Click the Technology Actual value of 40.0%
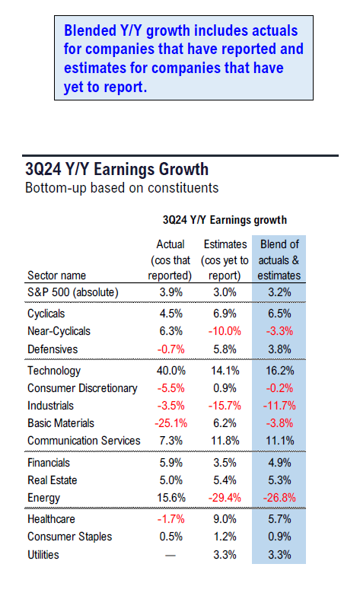coord(170,371)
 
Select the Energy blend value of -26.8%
coord(279,498)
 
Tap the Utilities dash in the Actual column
coord(170,555)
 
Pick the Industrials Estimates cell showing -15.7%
coord(225,406)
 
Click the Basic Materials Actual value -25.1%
coord(170,423)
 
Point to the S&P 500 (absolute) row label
coord(73,292)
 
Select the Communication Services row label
coord(84,441)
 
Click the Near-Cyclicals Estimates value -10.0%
coord(225,331)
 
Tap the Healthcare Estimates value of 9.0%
coord(225,519)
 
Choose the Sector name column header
coord(56,276)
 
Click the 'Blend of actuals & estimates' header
coord(279,260)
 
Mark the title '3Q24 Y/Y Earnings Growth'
coord(117,169)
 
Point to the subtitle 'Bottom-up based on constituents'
coord(122,188)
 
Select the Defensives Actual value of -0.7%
coord(170,349)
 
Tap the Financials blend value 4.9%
coord(279,463)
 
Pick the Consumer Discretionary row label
coord(82,388)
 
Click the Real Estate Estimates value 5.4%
coord(225,480)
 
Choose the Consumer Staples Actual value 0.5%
coord(170,537)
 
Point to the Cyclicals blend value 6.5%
coord(279,314)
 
